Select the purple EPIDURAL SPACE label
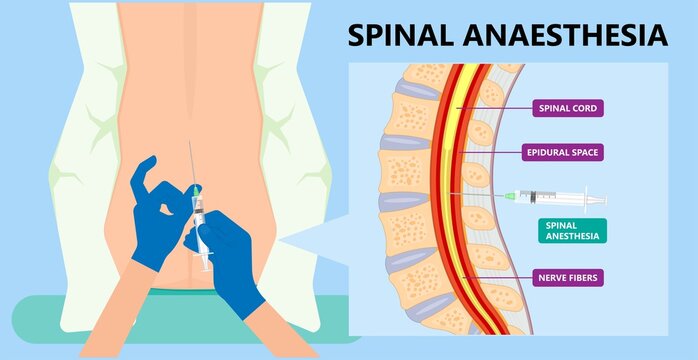(x=564, y=153)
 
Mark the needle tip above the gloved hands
(x=188, y=145)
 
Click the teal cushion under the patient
(x=60, y=320)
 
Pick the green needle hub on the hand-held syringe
(x=196, y=190)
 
